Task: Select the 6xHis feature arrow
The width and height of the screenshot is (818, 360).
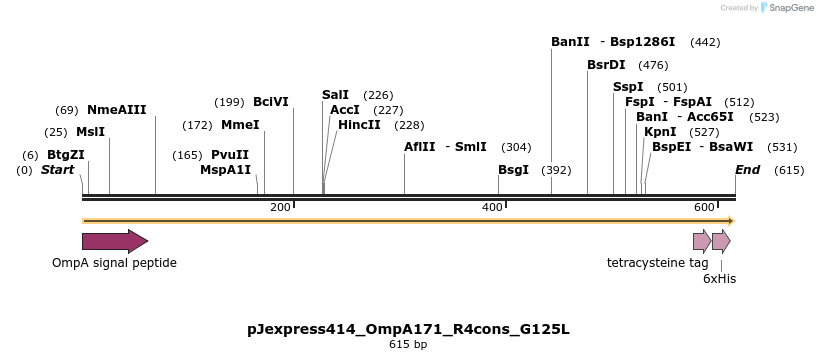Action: pyautogui.click(x=721, y=241)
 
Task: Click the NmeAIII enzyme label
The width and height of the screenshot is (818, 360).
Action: pyautogui.click(x=117, y=110)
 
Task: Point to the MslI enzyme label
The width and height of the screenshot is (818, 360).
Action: pyautogui.click(x=90, y=132)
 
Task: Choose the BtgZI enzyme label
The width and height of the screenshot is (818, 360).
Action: pyautogui.click(x=66, y=155)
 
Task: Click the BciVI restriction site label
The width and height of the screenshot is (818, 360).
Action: pyautogui.click(x=271, y=102)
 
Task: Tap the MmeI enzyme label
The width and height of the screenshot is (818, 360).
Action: pyautogui.click(x=240, y=125)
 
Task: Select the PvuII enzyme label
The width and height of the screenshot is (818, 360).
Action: pyautogui.click(x=230, y=155)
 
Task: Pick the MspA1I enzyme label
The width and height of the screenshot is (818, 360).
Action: pyautogui.click(x=226, y=170)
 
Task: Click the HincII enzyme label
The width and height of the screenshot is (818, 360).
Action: pyautogui.click(x=359, y=125)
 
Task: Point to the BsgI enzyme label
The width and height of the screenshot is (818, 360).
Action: pyautogui.click(x=513, y=170)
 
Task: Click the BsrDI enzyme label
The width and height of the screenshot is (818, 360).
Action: pyautogui.click(x=606, y=65)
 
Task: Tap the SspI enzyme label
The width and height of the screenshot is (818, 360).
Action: pyautogui.click(x=628, y=87)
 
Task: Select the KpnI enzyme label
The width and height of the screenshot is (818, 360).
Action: pyautogui.click(x=660, y=132)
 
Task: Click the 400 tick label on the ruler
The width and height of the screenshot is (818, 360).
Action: pyautogui.click(x=492, y=207)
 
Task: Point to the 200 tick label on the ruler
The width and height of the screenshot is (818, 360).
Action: pyautogui.click(x=280, y=207)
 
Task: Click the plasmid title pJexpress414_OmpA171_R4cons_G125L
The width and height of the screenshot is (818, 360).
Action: pyautogui.click(x=408, y=328)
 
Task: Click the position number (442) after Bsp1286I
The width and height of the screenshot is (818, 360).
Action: pyautogui.click(x=705, y=42)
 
